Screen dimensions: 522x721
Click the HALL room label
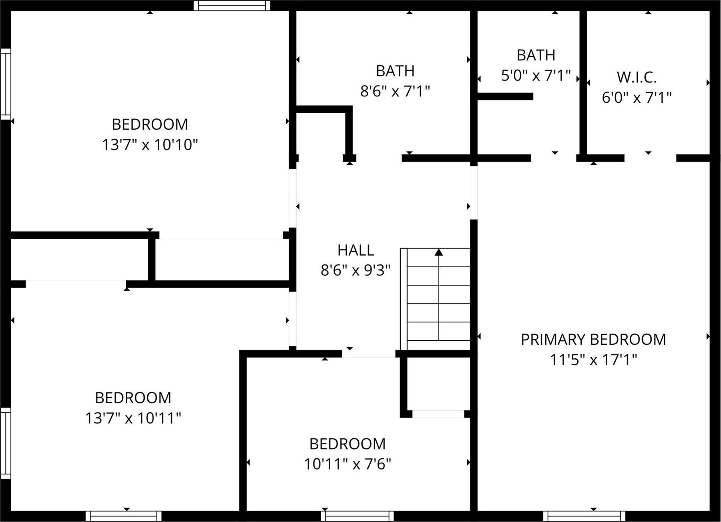pyautogui.click(x=355, y=250)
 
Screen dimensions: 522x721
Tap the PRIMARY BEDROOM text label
pyautogui.click(x=593, y=340)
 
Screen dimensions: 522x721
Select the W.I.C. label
pyautogui.click(x=637, y=78)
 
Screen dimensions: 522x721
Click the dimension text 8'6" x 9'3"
pyautogui.click(x=355, y=271)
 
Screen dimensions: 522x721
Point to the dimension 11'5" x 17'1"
pyautogui.click(x=593, y=360)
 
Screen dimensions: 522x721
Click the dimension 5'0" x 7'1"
pyautogui.click(x=536, y=75)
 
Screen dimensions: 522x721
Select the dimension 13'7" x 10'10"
pyautogui.click(x=150, y=145)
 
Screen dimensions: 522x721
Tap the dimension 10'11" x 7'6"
pyautogui.click(x=347, y=464)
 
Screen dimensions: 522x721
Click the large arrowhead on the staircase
pyautogui.click(x=439, y=252)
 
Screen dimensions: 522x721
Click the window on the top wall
pyautogui.click(x=232, y=6)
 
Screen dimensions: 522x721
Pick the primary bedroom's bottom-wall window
pyautogui.click(x=584, y=516)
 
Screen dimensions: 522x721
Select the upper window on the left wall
pyautogui.click(x=6, y=84)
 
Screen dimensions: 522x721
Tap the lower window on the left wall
pyautogui.click(x=6, y=443)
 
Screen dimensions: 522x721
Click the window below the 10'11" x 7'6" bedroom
pyautogui.click(x=357, y=516)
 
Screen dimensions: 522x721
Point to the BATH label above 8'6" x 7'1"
pyautogui.click(x=395, y=71)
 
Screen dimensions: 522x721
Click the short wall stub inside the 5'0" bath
pyautogui.click(x=505, y=96)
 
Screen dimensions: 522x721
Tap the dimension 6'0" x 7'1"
pyautogui.click(x=637, y=98)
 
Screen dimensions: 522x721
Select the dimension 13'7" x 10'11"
pyautogui.click(x=133, y=418)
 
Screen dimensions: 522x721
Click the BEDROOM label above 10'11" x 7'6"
pyautogui.click(x=347, y=444)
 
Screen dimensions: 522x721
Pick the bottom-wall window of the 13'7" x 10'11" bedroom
pyautogui.click(x=123, y=516)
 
